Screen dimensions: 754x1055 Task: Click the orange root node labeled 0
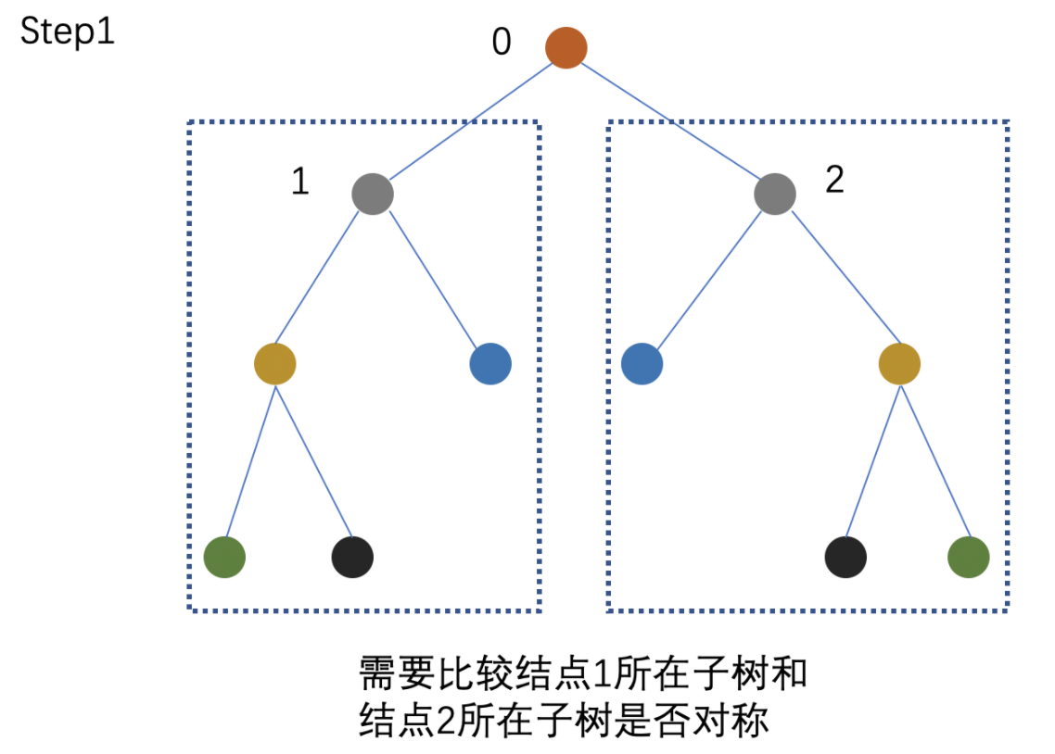pos(566,47)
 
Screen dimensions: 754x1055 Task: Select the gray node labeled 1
pos(373,195)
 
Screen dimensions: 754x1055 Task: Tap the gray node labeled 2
pos(775,195)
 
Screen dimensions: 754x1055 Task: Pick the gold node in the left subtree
pos(274,364)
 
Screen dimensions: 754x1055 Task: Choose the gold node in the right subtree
pos(899,364)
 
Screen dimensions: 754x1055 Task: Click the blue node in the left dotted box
pos(490,364)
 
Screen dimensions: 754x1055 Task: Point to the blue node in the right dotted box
pos(642,364)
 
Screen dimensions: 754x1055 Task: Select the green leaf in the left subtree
pos(224,558)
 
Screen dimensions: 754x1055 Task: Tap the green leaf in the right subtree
pos(969,558)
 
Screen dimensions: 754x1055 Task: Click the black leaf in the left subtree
pos(352,558)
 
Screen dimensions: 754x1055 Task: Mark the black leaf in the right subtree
pos(845,558)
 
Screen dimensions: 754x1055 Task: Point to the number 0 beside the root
pos(502,43)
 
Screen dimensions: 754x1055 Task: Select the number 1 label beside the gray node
pos(299,182)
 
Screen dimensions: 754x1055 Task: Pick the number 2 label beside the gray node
pos(834,180)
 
